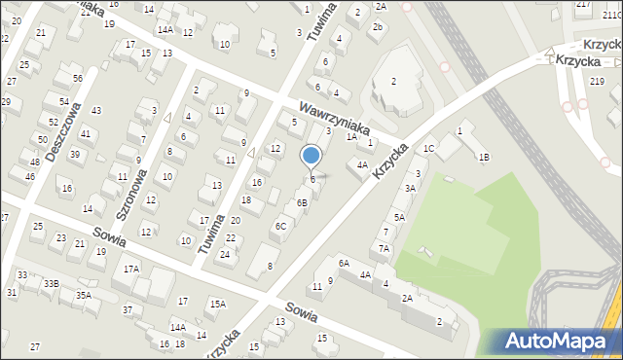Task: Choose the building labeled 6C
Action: pos(280,226)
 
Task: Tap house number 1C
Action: pos(428,149)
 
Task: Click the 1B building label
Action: pos(483,157)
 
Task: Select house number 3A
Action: pos(411,188)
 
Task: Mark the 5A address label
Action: pos(399,217)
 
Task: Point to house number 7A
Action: pos(385,249)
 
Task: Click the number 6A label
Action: pos(344,263)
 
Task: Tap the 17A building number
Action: pos(130,268)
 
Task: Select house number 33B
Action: pos(51,283)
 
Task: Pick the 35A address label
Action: pos(84,295)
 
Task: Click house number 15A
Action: pos(217,304)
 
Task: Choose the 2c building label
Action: pos(377,26)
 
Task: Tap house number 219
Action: pos(596,82)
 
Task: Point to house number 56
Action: pos(77,78)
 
